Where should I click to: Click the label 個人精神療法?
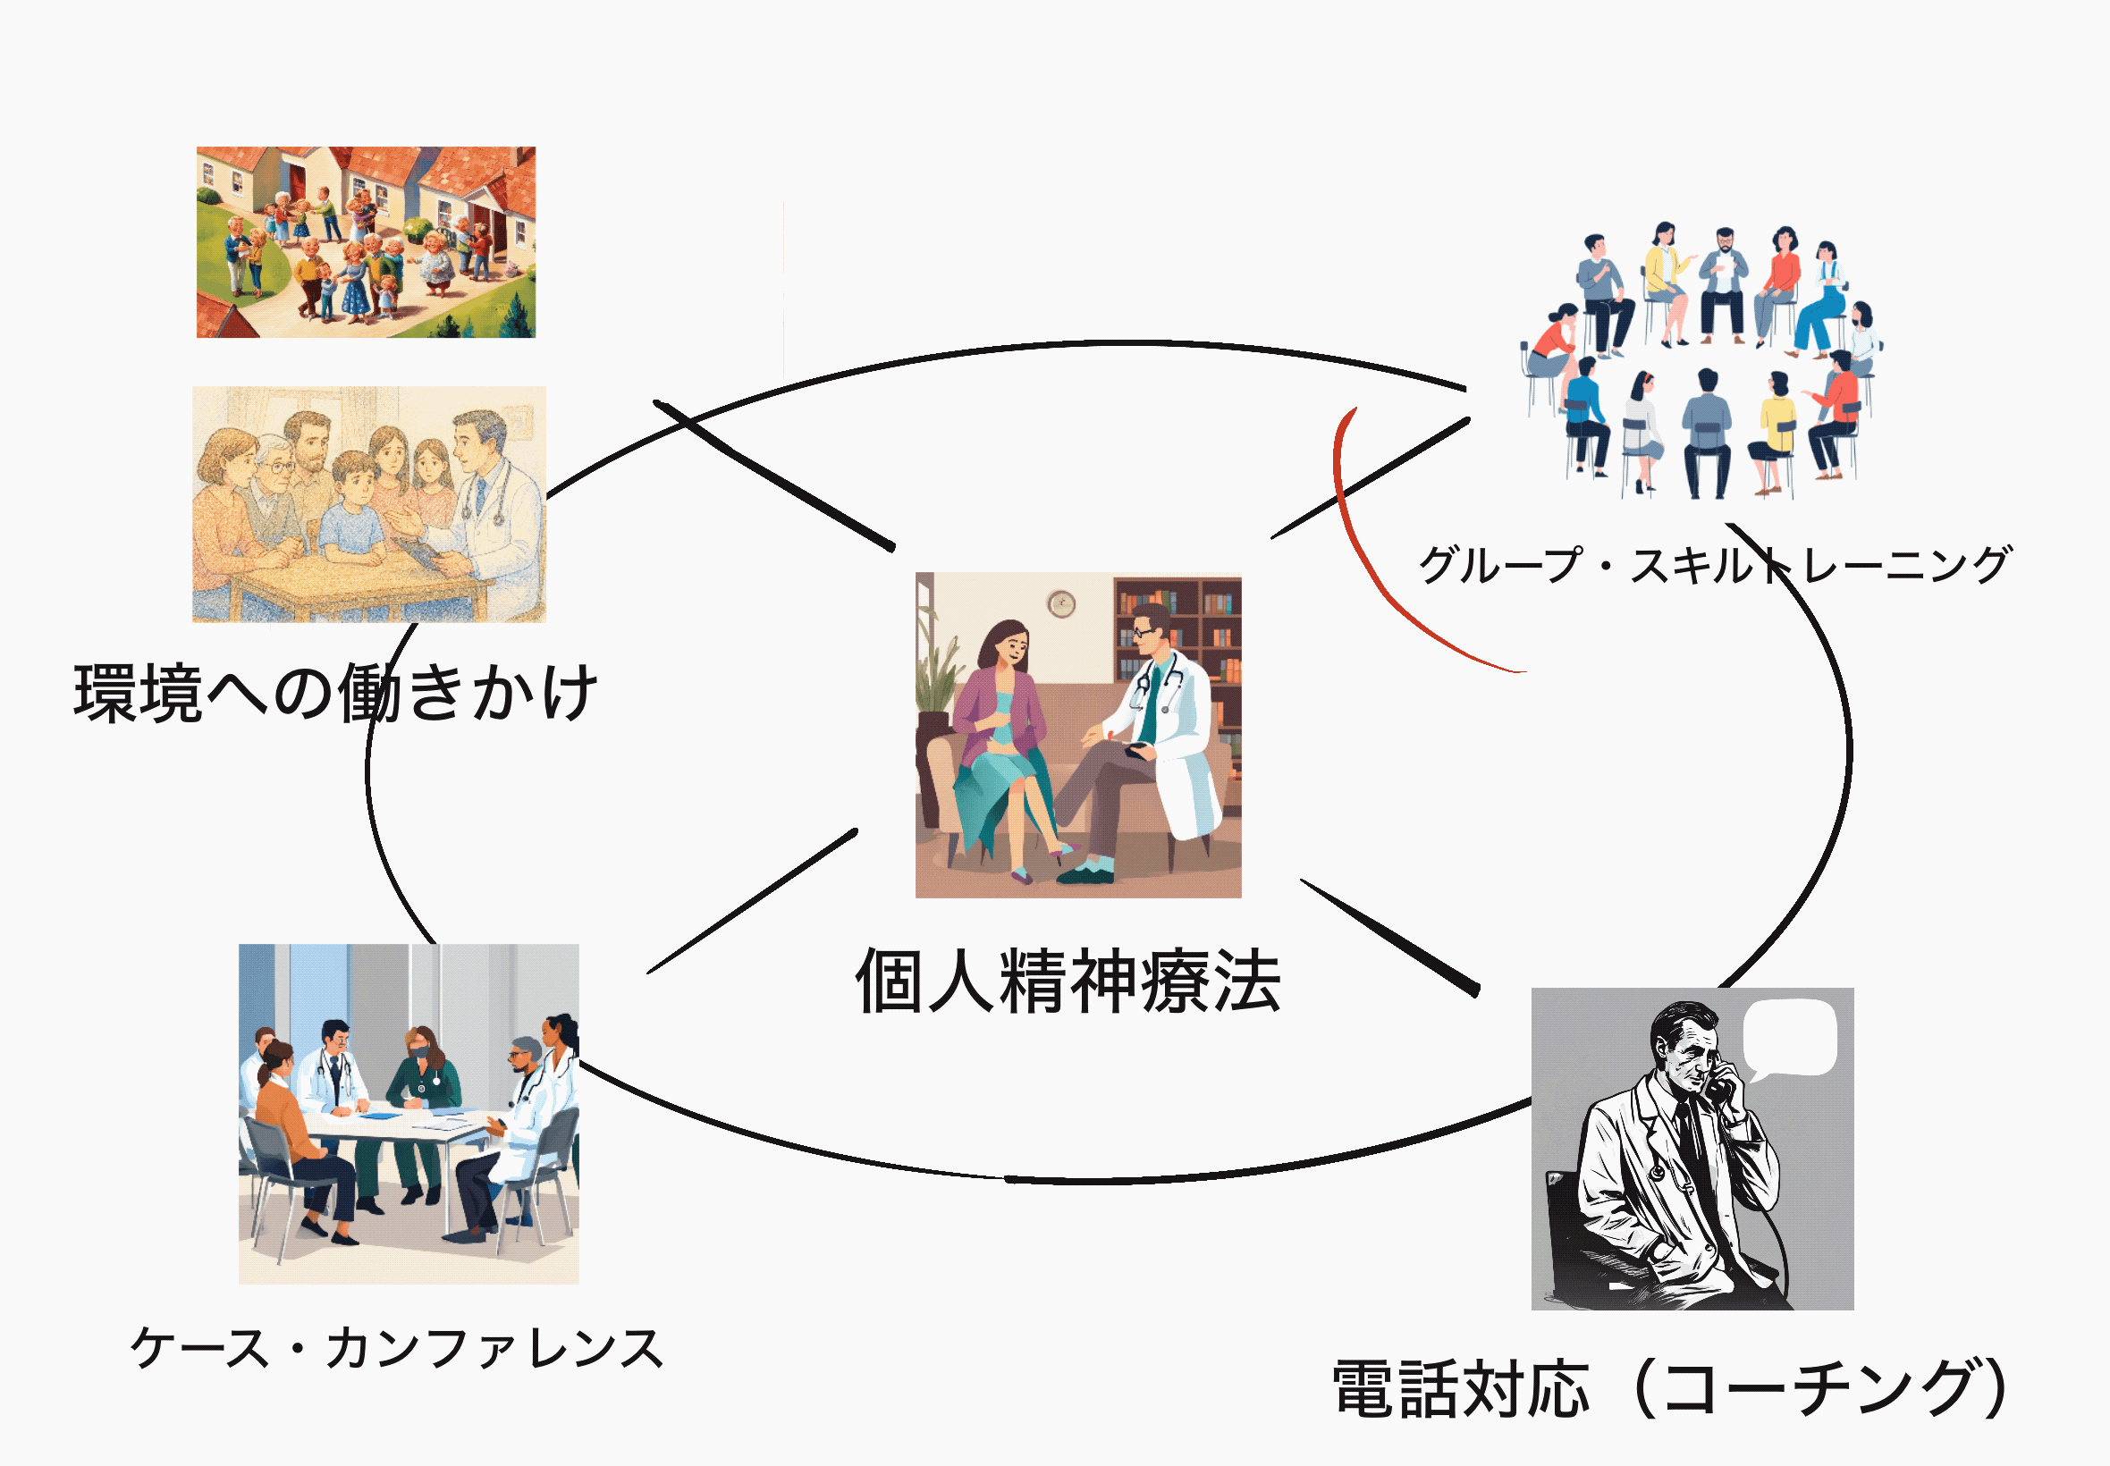pyautogui.click(x=1068, y=982)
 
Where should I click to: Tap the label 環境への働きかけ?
pyautogui.click(x=335, y=692)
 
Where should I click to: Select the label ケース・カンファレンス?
pyautogui.click(x=397, y=1348)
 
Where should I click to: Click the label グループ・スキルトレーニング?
pyautogui.click(x=1715, y=564)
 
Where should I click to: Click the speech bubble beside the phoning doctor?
pyautogui.click(x=1789, y=1041)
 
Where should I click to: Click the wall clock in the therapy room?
pyautogui.click(x=1061, y=603)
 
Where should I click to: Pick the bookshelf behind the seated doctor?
pyautogui.click(x=1178, y=643)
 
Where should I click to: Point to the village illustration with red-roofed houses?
pyautogui.click(x=366, y=241)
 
